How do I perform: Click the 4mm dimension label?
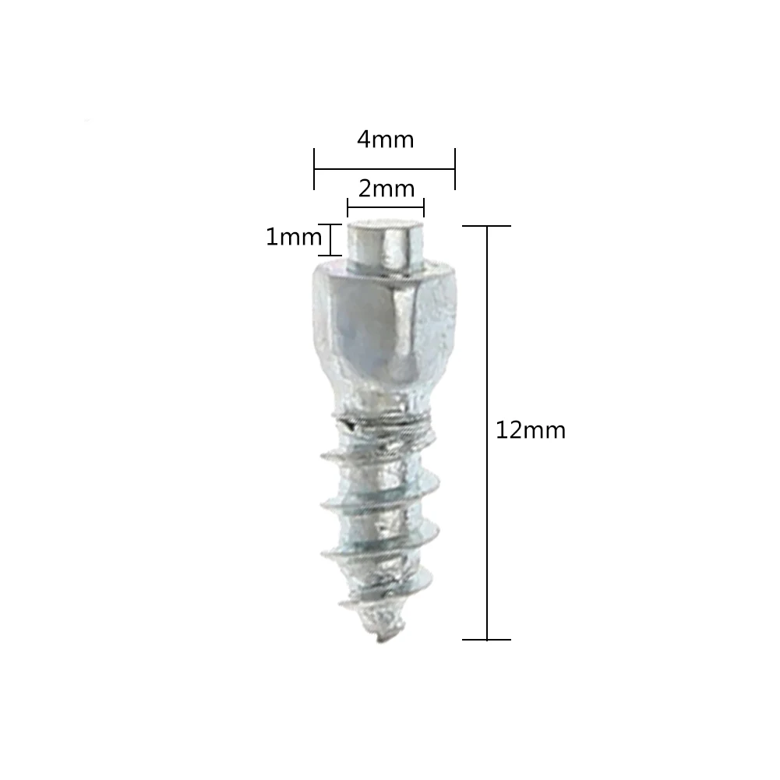click(386, 139)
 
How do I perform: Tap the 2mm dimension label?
click(386, 189)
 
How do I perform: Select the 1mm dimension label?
click(294, 237)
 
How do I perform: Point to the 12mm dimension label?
click(531, 430)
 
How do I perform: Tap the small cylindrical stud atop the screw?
click(386, 246)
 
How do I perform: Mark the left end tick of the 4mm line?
click(314, 169)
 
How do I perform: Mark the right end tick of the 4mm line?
click(454, 169)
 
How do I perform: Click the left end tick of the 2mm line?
click(348, 207)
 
